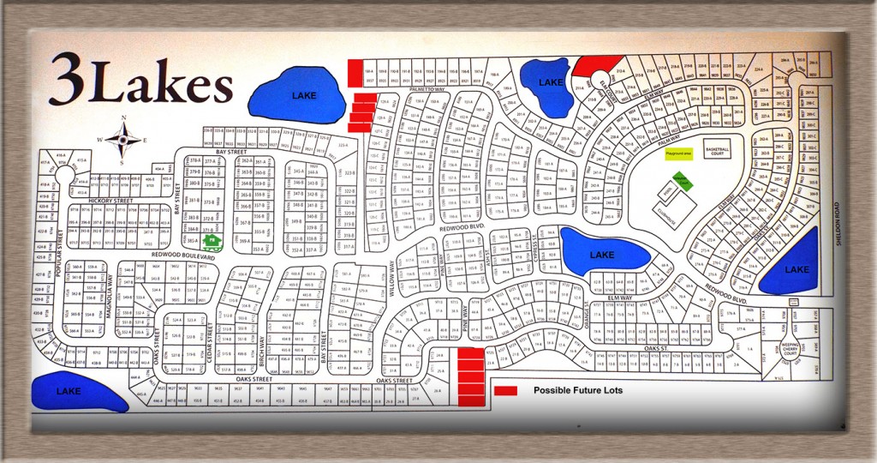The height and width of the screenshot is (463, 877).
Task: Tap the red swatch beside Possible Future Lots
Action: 505,391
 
